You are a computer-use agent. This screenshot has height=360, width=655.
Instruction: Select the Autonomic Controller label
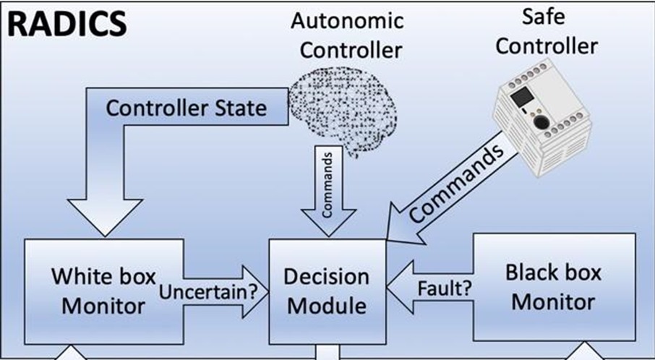(347, 35)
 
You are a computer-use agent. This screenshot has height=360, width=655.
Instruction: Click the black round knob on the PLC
(540, 122)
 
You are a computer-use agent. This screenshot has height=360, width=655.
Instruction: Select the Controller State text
(186, 108)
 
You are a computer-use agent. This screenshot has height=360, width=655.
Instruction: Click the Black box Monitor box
(553, 286)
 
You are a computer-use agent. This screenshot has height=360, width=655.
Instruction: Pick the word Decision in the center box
(326, 277)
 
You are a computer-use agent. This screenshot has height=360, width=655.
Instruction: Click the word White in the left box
(79, 277)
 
